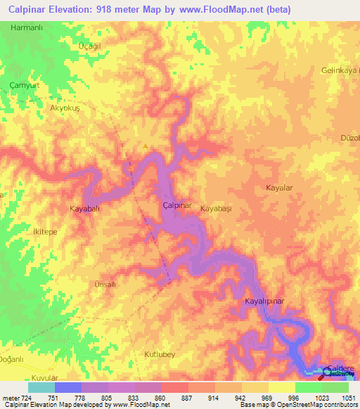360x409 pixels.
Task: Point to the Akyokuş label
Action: tap(67, 109)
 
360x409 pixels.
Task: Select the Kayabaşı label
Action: tap(216, 209)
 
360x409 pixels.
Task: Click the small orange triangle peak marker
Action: tap(146, 146)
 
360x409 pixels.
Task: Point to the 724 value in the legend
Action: tap(23, 398)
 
